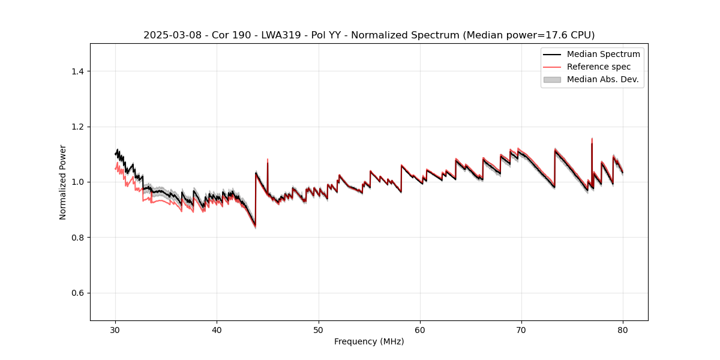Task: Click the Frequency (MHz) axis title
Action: [x=369, y=341]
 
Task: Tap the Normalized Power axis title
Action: [x=62, y=182]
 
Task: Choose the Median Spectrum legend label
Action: [x=603, y=54]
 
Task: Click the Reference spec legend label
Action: [x=598, y=67]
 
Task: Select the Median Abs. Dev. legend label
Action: [x=603, y=79]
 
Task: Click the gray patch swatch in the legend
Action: [x=551, y=79]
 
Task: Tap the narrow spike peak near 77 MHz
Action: [x=592, y=139]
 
